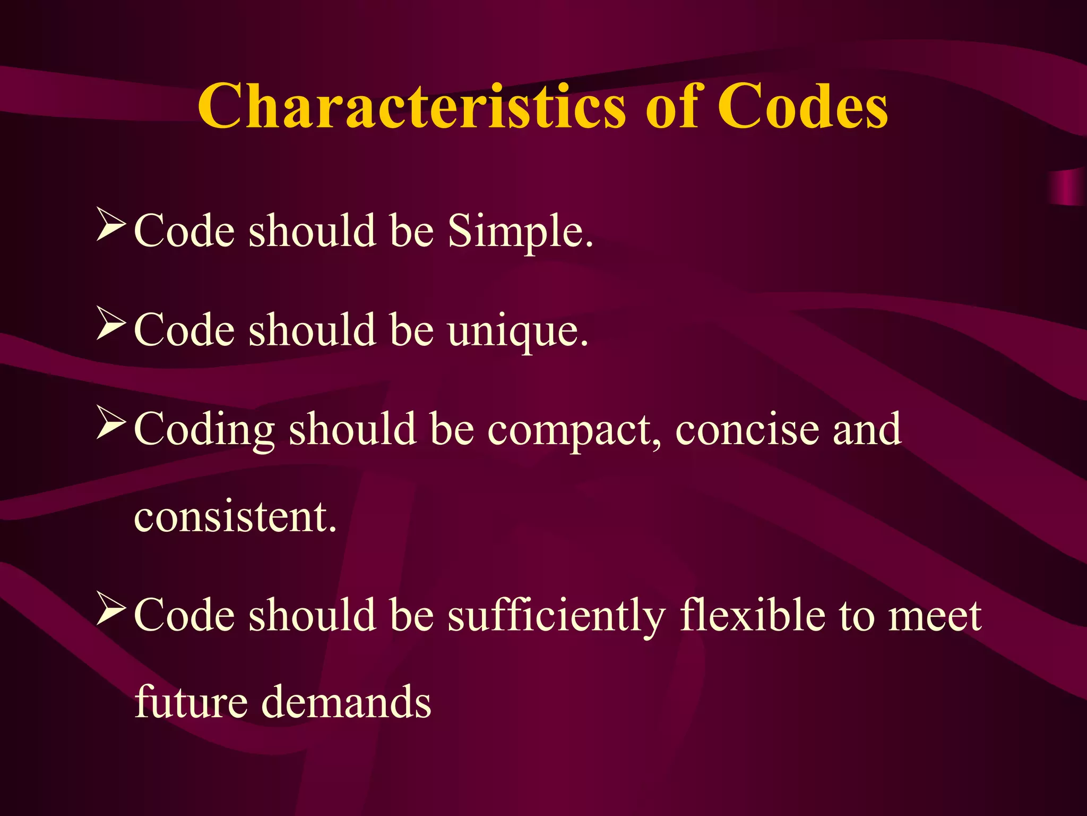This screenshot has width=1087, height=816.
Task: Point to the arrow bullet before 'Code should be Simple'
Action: coord(111,225)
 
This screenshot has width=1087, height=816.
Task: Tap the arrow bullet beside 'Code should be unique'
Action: coord(111,325)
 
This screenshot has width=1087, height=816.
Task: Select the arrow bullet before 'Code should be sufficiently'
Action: coord(111,610)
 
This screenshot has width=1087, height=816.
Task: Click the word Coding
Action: coord(204,430)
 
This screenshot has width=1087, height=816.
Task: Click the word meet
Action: coord(934,616)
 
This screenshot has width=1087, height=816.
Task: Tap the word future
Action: coord(191,702)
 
